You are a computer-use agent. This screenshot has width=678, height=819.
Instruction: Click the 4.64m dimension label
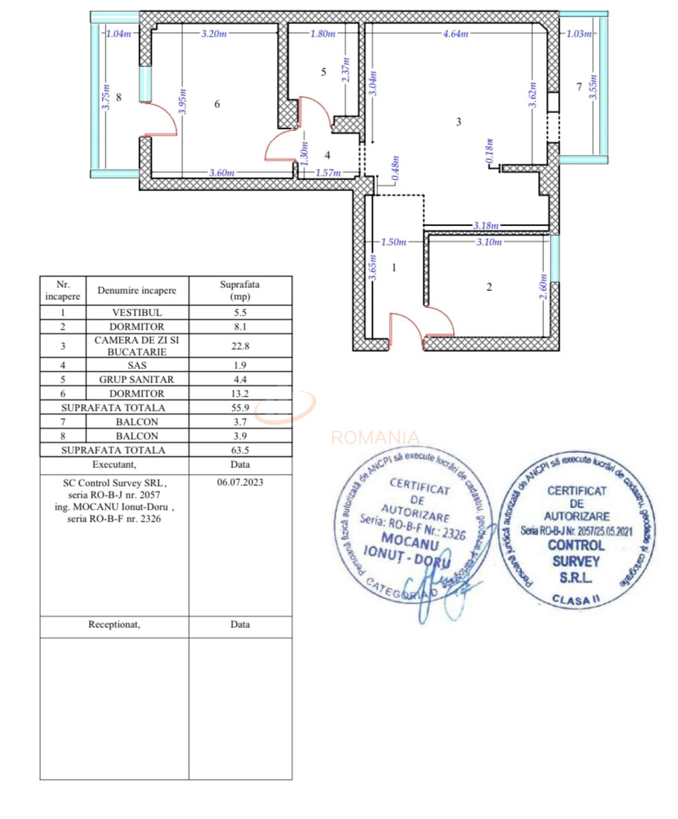(x=455, y=33)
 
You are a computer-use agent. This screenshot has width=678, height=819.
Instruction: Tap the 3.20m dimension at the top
(x=214, y=33)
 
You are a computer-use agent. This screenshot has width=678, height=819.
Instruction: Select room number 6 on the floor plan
(x=217, y=105)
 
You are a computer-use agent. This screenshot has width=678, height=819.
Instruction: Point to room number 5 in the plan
(x=323, y=72)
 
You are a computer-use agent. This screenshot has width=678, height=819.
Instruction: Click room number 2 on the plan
(x=489, y=287)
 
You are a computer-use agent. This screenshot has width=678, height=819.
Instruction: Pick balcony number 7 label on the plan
(x=578, y=87)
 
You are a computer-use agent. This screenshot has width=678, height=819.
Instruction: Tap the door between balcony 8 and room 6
(x=158, y=120)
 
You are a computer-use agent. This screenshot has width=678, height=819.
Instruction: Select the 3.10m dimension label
(x=487, y=242)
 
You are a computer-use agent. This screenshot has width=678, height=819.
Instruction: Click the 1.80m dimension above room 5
(x=322, y=33)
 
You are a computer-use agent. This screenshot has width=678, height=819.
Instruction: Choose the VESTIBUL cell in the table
(x=137, y=313)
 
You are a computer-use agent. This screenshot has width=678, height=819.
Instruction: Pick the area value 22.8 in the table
(x=240, y=345)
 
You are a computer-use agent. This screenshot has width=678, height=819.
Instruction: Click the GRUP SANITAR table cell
(x=137, y=379)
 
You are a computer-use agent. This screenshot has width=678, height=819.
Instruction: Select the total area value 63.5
(x=240, y=450)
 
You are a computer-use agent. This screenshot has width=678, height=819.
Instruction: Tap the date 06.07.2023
(x=240, y=482)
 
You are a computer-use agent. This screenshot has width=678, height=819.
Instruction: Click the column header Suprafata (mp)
(x=240, y=290)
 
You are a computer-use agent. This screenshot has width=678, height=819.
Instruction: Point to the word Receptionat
(x=114, y=625)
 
